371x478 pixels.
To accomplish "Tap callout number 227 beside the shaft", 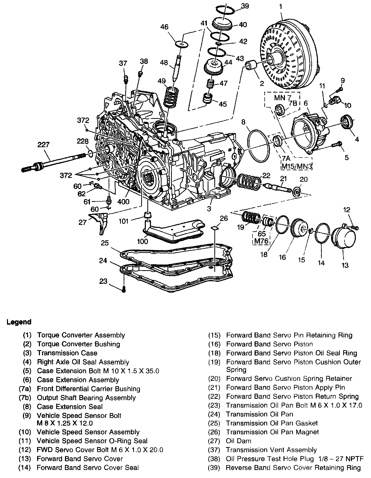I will click(x=43, y=145).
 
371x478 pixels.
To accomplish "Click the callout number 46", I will click(x=164, y=27).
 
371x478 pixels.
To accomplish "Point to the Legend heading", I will click(x=19, y=322).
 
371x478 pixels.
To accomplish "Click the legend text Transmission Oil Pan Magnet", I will click(x=272, y=432).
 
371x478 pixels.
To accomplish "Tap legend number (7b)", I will click(x=25, y=398).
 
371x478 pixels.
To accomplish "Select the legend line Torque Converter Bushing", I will click(x=79, y=344).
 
